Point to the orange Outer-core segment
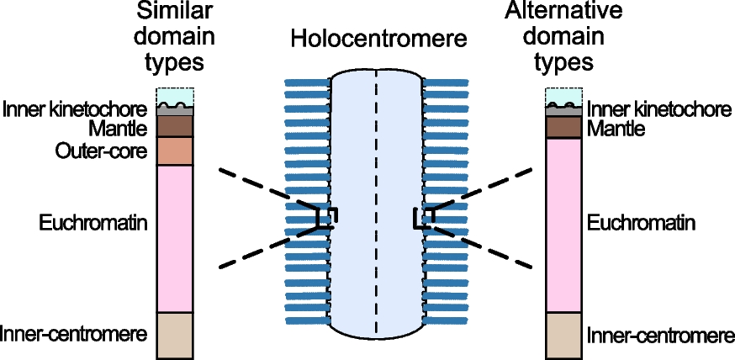click(175, 151)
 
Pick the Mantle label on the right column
click(616, 129)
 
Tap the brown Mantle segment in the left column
click(175, 126)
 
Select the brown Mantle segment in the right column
click(564, 127)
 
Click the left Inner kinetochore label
click(76, 109)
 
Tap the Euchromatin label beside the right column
click(641, 223)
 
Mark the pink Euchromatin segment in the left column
click(175, 238)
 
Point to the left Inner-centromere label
click(74, 333)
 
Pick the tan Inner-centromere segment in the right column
click(564, 334)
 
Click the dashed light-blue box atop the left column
click(175, 94)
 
